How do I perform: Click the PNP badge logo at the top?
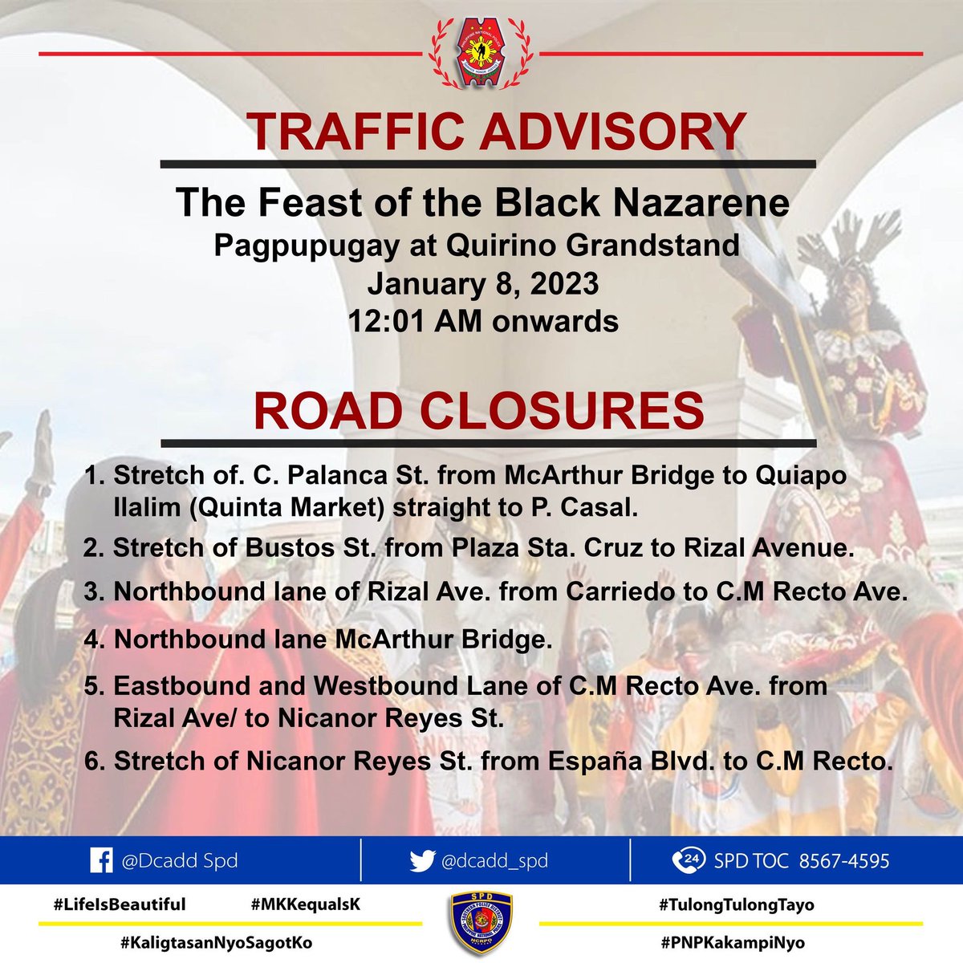(x=481, y=53)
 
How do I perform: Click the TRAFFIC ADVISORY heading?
(x=496, y=132)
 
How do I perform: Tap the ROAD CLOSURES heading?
(x=479, y=410)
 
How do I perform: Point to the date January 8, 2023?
(x=482, y=283)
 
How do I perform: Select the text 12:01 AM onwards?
(x=482, y=321)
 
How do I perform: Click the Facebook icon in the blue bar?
(x=101, y=861)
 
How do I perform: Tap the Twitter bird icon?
(x=422, y=861)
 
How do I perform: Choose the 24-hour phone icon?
(x=684, y=861)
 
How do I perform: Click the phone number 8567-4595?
(x=844, y=861)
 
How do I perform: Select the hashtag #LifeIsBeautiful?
(x=120, y=904)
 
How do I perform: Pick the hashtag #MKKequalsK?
(x=306, y=904)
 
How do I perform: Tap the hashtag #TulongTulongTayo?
(x=737, y=904)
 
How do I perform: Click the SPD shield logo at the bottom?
(x=481, y=923)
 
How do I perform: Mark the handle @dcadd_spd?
(x=494, y=861)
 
